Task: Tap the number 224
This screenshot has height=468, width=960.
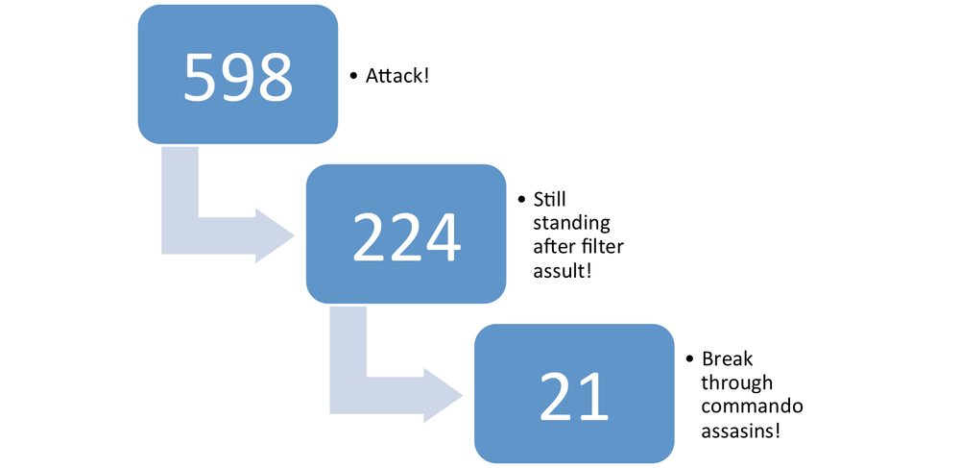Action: tap(406, 234)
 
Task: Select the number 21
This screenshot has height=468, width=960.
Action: tap(574, 394)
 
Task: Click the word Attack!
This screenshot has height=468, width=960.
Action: tap(396, 74)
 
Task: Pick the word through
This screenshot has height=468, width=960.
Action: tap(735, 382)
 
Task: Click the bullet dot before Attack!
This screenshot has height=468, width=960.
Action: tap(353, 75)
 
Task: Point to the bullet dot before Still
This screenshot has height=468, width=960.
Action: tap(521, 200)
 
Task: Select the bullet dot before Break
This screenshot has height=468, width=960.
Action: tap(690, 359)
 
